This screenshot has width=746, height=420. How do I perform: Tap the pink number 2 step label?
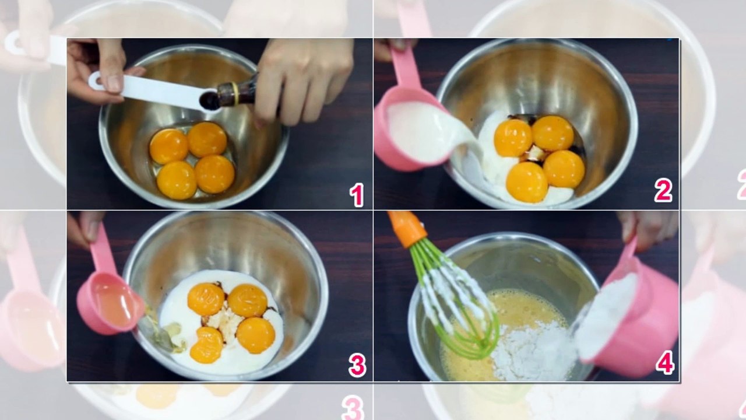pos(663,190)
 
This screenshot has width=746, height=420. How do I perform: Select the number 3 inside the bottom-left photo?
pos(357,365)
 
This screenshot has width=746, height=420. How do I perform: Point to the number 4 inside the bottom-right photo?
pos(665,363)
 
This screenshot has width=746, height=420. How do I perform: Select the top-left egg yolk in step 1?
pos(169,146)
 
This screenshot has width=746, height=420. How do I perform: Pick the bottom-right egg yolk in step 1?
pos(215,174)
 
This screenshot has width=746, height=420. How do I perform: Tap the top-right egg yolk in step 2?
pos(553,134)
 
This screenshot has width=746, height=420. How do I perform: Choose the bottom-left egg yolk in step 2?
pos(527,182)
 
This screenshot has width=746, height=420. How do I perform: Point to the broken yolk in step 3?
pos(206,345)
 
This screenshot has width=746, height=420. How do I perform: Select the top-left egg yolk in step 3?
pos(206,299)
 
